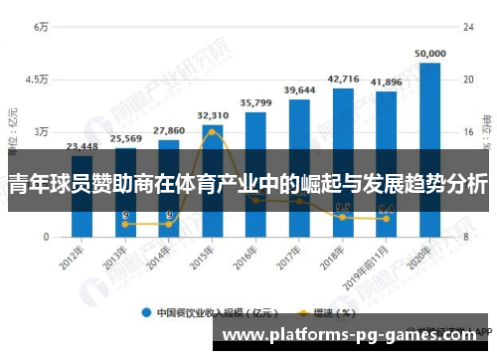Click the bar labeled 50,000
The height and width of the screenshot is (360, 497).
(429, 149)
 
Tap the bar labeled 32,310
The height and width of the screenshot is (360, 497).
(212, 180)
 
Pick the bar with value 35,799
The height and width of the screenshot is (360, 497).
(255, 174)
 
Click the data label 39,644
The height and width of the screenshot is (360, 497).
(299, 90)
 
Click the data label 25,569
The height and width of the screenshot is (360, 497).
(125, 138)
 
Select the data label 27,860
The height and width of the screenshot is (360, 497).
(169, 130)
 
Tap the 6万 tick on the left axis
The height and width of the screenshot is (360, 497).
(41, 27)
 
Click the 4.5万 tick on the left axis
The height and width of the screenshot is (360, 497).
(37, 80)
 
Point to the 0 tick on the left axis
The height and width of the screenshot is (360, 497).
(45, 237)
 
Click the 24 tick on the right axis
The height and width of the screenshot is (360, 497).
(459, 27)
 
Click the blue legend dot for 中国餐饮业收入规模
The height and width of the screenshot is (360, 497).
(146, 311)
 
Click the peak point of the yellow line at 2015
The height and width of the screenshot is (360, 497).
(212, 132)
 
